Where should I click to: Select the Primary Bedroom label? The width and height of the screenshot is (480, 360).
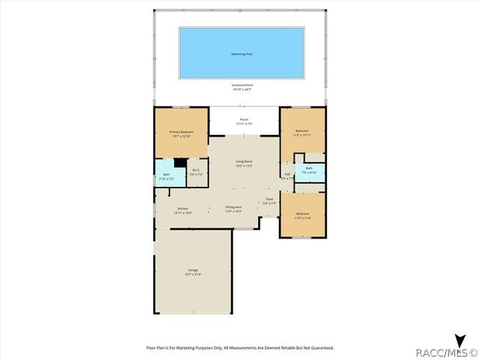pyautogui.click(x=181, y=131)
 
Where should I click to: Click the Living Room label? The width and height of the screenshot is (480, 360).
pyautogui.click(x=244, y=161)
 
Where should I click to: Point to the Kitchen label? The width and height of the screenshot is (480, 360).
pyautogui.click(x=182, y=208)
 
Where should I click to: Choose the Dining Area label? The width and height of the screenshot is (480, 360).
pyautogui.click(x=233, y=207)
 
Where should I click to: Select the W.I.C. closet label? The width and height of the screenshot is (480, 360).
pyautogui.click(x=195, y=170)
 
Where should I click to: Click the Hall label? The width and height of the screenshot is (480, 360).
pyautogui.click(x=287, y=175)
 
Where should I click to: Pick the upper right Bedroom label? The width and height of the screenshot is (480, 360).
pyautogui.click(x=302, y=131)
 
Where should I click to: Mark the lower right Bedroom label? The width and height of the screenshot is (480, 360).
pyautogui.click(x=302, y=214)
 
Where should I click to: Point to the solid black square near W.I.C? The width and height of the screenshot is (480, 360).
pyautogui.click(x=179, y=162)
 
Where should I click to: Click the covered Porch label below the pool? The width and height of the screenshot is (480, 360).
pyautogui.click(x=244, y=119)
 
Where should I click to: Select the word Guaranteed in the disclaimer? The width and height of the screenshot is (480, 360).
pyautogui.click(x=318, y=348)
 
